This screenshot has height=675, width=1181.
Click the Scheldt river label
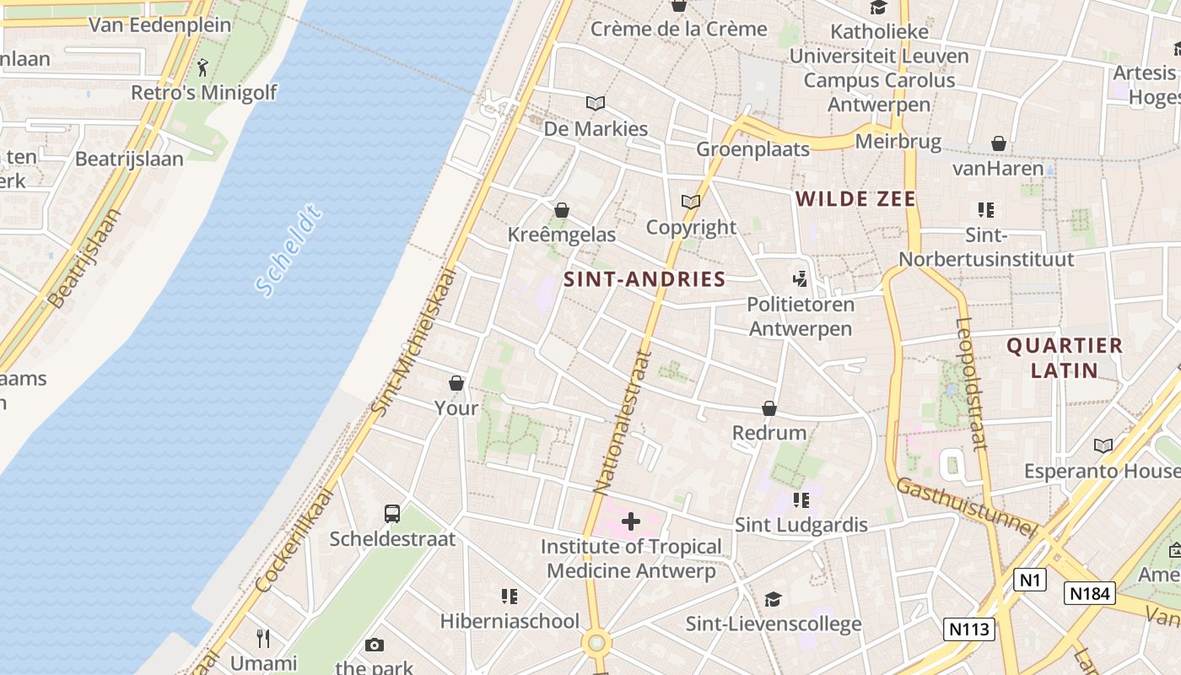click(289, 251)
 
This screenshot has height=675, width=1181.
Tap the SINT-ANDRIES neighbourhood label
click(644, 279)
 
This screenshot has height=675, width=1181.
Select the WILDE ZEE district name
click(855, 199)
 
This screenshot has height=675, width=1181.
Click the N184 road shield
click(1089, 593)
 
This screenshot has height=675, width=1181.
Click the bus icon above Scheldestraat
click(392, 513)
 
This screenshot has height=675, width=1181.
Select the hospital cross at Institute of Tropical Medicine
click(631, 521)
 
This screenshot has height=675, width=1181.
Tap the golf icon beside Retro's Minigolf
click(202, 67)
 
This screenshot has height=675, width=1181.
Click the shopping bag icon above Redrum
click(769, 408)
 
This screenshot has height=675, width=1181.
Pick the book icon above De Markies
click(596, 103)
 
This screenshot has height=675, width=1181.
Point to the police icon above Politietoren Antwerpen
click(800, 278)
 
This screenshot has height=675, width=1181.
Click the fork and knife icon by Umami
click(263, 638)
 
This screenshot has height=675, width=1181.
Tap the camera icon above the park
click(375, 645)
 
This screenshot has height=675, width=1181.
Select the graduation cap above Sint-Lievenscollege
click(773, 599)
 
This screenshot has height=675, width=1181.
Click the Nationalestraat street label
click(623, 422)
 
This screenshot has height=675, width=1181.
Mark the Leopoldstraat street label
click(971, 384)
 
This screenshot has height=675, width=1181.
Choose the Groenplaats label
click(752, 149)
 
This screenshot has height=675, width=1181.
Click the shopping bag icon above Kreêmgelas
click(562, 209)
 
